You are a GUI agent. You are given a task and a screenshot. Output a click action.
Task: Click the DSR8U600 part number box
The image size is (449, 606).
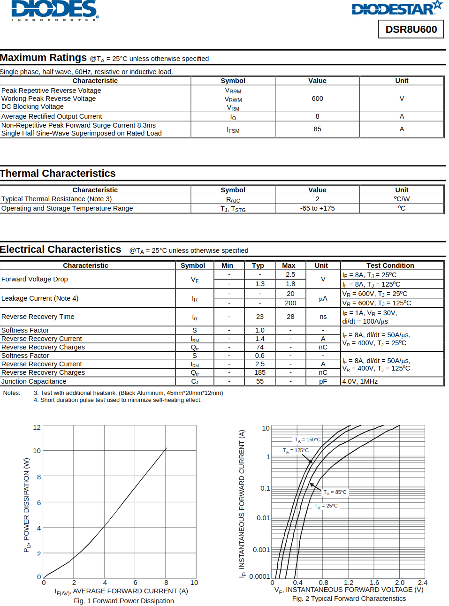pos(411,30)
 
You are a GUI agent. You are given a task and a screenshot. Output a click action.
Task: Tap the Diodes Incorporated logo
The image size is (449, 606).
pos(54,10)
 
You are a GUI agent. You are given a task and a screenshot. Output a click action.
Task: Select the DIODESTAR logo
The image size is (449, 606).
pos(397,8)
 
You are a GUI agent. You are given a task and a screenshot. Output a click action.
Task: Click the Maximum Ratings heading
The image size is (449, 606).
pos(43,58)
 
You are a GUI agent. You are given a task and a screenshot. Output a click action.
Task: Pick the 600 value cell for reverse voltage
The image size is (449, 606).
pos(317,98)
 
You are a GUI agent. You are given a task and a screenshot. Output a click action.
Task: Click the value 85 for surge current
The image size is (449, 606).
pos(317,129)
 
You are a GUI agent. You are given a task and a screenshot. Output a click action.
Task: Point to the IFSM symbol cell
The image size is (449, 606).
pos(233,129)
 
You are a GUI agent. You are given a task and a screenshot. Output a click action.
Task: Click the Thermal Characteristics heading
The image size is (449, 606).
pos(58,174)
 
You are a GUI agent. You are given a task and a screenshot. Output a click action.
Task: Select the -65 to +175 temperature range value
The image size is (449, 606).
pos(317,208)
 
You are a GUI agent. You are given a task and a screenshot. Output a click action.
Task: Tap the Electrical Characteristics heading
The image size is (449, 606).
pos(61,250)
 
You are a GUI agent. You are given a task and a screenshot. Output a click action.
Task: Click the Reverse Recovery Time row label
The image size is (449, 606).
pos(38,317)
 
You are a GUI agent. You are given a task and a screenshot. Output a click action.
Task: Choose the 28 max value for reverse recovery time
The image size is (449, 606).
pos(290,317)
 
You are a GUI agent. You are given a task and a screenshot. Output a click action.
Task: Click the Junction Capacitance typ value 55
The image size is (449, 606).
pos(259,381)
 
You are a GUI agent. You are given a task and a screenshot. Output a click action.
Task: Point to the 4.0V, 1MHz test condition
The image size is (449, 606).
pos(360,381)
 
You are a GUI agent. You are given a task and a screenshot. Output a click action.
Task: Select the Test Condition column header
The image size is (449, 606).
pos(390,265)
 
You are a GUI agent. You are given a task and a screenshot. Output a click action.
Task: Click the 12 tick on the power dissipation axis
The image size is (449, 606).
pos(37,427)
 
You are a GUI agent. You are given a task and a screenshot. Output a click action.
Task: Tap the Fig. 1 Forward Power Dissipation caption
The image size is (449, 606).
pos(124,601)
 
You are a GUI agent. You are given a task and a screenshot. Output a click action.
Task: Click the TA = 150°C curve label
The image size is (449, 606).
pos(307,440)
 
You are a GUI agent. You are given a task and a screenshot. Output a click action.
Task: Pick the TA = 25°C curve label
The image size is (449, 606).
pos(326,506)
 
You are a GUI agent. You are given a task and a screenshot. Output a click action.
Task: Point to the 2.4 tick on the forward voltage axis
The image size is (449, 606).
pos(422,583)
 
